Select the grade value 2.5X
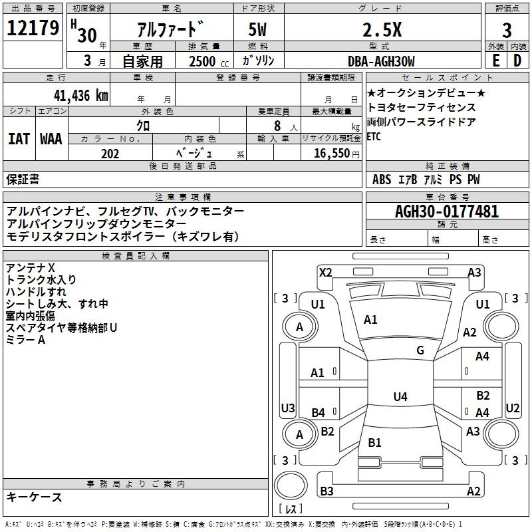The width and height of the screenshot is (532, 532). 382,30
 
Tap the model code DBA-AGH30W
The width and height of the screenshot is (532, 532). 381,61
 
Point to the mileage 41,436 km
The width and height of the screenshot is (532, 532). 75,95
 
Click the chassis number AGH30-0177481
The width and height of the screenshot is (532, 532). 446,212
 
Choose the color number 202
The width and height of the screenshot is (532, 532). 110,154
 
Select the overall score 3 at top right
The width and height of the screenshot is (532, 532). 507,30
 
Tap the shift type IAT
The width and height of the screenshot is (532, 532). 19,139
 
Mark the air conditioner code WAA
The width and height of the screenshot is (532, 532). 52,139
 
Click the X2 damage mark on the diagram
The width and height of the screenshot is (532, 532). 326,272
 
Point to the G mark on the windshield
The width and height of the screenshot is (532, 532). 420,350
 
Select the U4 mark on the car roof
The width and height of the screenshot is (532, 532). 400,397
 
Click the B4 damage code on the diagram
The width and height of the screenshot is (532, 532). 319,413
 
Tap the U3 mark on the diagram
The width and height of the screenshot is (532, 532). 288,408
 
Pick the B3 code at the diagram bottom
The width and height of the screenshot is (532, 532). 327,491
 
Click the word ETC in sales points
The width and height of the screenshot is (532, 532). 374,137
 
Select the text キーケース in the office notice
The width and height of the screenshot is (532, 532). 35,497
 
